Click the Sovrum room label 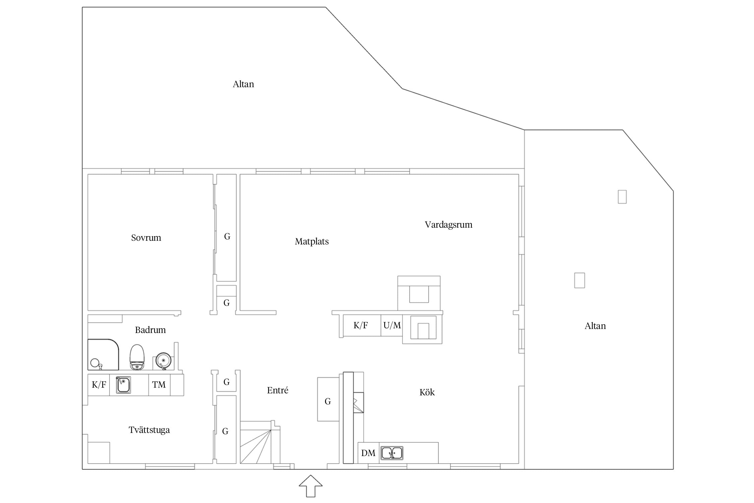[x=146, y=238]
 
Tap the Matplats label [x=312, y=242]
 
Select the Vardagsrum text [x=448, y=225]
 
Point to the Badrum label [x=150, y=330]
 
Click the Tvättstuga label [x=149, y=430]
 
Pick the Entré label [x=277, y=390]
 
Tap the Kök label [x=427, y=392]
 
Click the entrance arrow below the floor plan [x=311, y=486]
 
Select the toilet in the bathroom [x=137, y=357]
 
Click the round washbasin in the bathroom [x=164, y=360]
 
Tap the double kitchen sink [x=392, y=453]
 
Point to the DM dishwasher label [x=368, y=453]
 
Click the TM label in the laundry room [x=159, y=385]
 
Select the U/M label [x=392, y=325]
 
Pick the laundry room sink [x=123, y=385]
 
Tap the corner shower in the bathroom [x=103, y=355]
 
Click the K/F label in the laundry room [x=99, y=385]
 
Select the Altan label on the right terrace [x=595, y=326]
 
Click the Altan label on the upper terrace [x=243, y=84]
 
